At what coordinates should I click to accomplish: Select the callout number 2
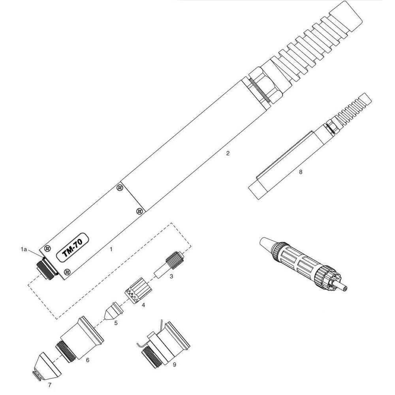(x=228, y=153)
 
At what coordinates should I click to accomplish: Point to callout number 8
(x=301, y=172)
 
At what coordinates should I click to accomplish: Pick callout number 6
(x=87, y=360)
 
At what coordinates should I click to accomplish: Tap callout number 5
(x=116, y=323)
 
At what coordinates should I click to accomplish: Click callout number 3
(x=171, y=276)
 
